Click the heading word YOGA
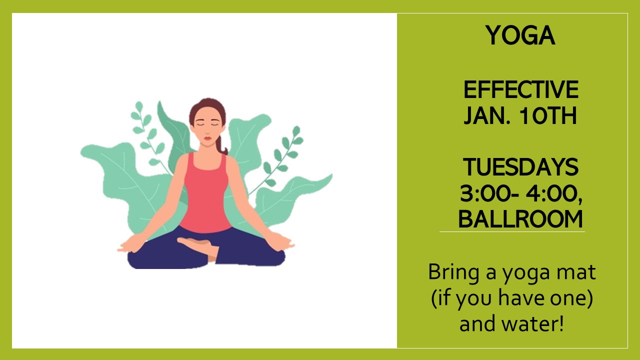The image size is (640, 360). tap(520, 35)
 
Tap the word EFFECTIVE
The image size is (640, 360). tap(521, 89)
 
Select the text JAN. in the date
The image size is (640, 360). tap(487, 115)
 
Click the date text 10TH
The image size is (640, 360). tap(548, 115)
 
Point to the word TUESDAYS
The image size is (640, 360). tap(521, 167)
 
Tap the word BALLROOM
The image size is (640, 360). tap(520, 219)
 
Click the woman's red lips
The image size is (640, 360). tap(207, 138)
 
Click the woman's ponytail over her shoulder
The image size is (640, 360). tap(221, 145)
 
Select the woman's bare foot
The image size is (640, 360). tap(197, 245)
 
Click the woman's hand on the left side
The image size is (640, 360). tap(132, 244)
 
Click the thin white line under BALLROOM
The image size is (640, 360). tap(512, 231)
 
